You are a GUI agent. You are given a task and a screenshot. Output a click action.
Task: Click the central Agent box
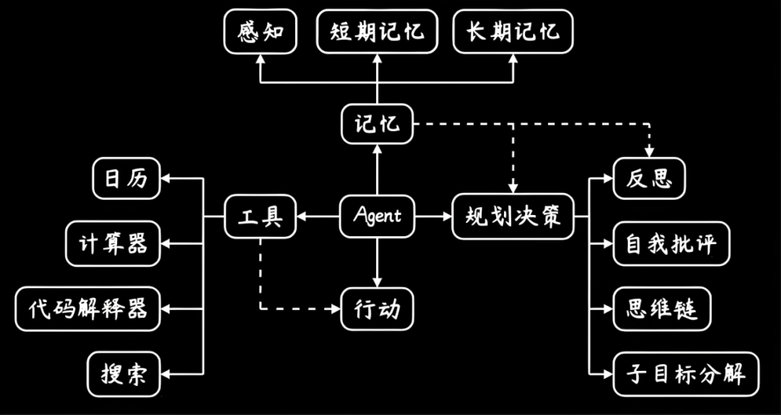[377, 216]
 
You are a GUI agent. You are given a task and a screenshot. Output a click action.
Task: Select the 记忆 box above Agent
[377, 124]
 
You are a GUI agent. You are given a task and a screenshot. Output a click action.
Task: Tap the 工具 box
[260, 216]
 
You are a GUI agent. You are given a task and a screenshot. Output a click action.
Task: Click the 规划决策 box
[513, 216]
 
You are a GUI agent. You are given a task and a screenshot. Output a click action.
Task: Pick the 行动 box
[377, 309]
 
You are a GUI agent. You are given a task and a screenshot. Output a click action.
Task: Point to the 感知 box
[260, 33]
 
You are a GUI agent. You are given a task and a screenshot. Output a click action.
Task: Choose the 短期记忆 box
[377, 33]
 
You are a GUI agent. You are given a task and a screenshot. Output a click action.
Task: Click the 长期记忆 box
[512, 33]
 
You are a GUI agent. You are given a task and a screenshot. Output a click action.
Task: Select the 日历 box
[127, 178]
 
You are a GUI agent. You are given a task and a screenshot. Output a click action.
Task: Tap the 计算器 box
[113, 243]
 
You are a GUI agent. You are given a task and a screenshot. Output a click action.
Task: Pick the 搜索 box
[124, 374]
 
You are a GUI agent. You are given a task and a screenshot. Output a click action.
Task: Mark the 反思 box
[649, 178]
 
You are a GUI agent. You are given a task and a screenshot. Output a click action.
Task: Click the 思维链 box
[662, 309]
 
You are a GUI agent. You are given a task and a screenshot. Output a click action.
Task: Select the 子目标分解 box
[686, 374]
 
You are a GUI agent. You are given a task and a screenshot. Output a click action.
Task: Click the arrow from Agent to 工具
[318, 216]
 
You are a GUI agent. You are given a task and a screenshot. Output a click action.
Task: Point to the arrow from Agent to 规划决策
[434, 216]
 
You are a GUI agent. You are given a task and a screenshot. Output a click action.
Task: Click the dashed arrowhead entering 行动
[336, 309]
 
